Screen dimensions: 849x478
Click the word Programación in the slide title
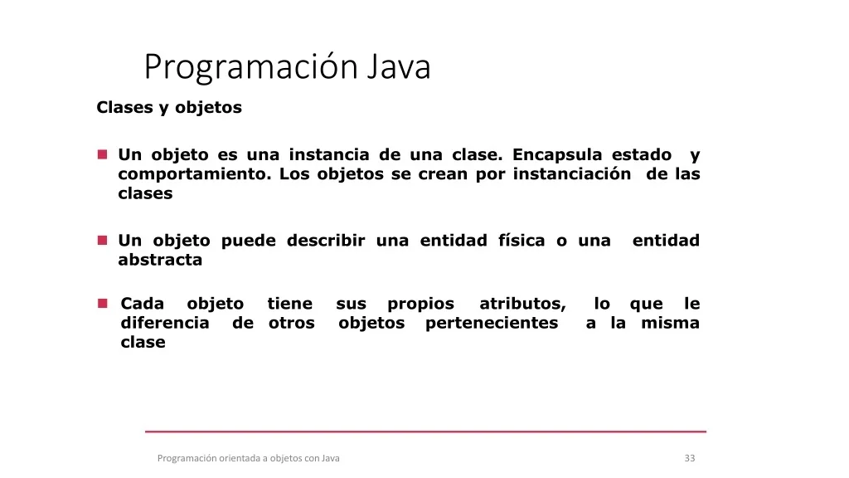(x=251, y=68)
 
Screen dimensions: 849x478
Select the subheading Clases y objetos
(x=169, y=108)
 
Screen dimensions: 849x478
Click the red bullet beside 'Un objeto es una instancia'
(x=102, y=154)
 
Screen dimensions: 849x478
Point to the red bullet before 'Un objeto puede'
(x=102, y=240)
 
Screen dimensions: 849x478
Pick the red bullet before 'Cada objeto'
(x=102, y=303)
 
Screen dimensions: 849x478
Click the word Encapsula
(x=557, y=155)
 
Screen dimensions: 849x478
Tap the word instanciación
(x=572, y=173)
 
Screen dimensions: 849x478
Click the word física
(x=522, y=240)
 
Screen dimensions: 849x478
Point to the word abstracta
(x=160, y=260)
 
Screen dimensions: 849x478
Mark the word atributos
(x=522, y=304)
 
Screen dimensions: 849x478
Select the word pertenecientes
(x=492, y=324)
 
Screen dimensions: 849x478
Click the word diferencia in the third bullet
(x=165, y=323)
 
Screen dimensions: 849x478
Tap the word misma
(x=670, y=323)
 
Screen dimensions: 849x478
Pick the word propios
(x=420, y=305)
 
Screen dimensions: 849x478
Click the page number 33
(x=690, y=458)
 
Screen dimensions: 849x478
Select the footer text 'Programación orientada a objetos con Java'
(x=249, y=458)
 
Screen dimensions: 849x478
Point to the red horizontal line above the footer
(x=425, y=432)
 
